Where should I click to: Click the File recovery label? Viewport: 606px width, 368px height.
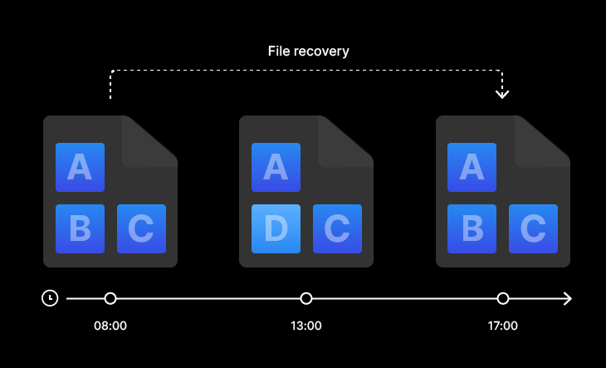click(308, 52)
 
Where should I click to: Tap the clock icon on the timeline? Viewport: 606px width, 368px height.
click(50, 298)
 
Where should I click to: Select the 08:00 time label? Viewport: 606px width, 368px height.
click(110, 326)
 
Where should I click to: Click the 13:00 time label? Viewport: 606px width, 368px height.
click(306, 326)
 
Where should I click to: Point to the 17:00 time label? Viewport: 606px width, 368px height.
click(502, 326)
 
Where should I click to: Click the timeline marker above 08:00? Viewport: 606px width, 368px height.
click(110, 298)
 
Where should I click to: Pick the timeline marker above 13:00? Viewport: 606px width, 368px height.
click(306, 298)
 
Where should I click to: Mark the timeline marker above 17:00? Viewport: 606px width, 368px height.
click(502, 298)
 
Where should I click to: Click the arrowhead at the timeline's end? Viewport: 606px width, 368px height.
click(568, 298)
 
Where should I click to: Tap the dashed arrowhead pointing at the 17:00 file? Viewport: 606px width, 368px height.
click(502, 93)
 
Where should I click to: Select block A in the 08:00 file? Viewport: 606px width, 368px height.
click(80, 168)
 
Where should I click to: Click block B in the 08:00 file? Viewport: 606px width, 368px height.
click(80, 228)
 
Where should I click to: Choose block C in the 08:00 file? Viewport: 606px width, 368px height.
click(141, 228)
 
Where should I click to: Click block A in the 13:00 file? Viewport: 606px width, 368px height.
click(276, 168)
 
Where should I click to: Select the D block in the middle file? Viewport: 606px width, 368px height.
click(276, 228)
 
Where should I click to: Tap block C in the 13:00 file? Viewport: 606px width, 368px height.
click(337, 228)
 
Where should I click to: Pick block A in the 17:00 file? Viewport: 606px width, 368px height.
click(472, 168)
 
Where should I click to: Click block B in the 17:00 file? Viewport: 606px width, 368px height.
click(472, 228)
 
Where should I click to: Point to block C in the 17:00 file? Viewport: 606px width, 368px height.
click(533, 228)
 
